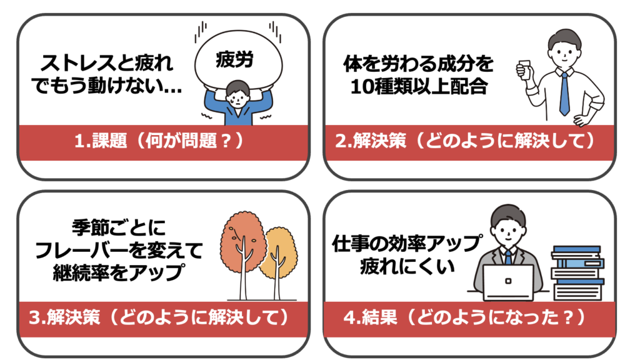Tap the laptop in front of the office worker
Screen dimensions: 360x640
click(x=508, y=282)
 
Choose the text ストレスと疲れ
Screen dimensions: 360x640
click(x=106, y=64)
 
